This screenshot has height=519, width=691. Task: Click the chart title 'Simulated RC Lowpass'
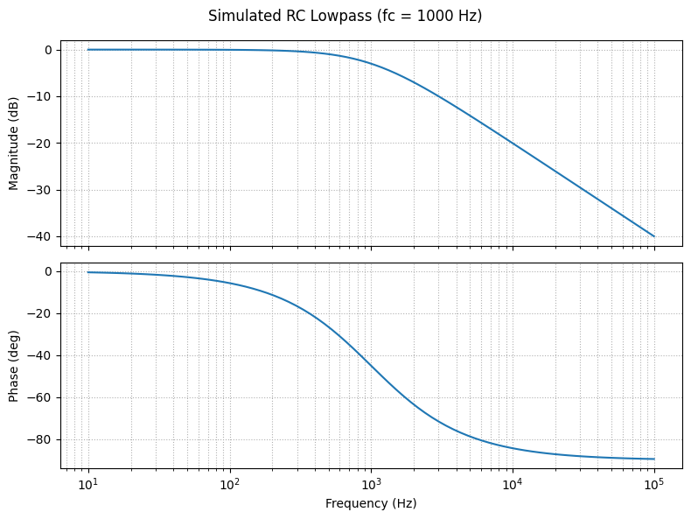coord(345,16)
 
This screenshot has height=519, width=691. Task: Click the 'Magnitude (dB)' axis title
coord(14,144)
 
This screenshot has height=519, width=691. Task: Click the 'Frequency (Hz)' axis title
coord(371,503)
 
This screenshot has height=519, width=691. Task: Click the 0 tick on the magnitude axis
coord(50,50)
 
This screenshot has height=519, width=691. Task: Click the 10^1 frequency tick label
coord(88,484)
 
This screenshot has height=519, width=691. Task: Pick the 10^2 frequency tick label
coord(230,484)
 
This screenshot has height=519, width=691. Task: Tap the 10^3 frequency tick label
coord(371,484)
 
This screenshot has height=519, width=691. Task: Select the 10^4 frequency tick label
coord(513,484)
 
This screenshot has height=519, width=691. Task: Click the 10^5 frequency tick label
coord(654,484)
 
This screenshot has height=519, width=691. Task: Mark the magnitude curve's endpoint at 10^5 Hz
coord(654,236)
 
